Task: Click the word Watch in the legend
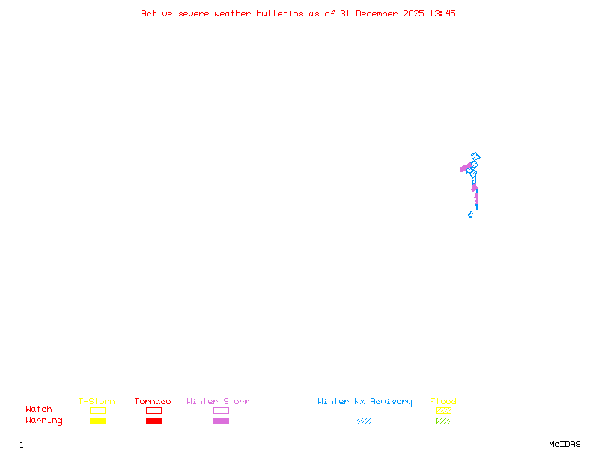(39, 409)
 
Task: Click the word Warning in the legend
(44, 421)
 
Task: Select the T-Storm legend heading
(97, 402)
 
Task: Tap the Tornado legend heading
(153, 402)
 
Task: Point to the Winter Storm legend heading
(218, 402)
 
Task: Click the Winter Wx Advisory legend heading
(365, 402)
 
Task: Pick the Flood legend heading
(443, 402)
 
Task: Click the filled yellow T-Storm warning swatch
(97, 421)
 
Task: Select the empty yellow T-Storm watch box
(97, 410)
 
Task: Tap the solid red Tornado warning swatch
(153, 421)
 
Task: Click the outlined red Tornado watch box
(153, 410)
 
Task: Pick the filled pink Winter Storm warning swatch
(221, 421)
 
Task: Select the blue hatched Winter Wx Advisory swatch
(363, 421)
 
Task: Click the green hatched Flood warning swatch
(443, 421)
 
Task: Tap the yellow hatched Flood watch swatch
(443, 410)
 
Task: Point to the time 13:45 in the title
(442, 13)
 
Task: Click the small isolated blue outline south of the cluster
(470, 214)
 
